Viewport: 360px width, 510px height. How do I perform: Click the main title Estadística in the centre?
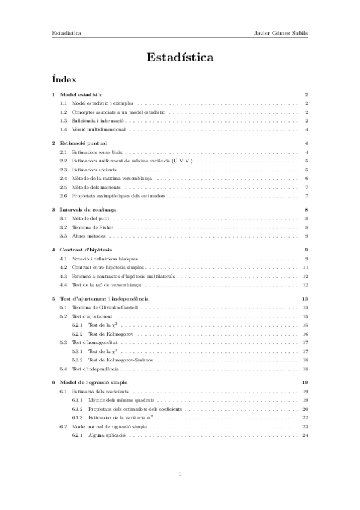pos(180,58)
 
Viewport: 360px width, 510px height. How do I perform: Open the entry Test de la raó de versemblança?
pos(106,284)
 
